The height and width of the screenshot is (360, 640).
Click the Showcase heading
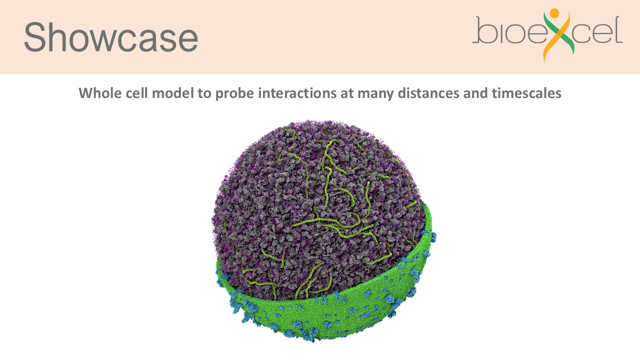(111, 37)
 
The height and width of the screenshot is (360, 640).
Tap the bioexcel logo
(547, 35)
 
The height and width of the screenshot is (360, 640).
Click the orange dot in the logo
(554, 13)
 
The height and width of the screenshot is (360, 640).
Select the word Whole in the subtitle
(99, 93)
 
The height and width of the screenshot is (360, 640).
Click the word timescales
(526, 93)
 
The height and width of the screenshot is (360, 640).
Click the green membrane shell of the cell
(343, 308)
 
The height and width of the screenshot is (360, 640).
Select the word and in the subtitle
(475, 93)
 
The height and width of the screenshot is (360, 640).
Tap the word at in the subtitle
(347, 93)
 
